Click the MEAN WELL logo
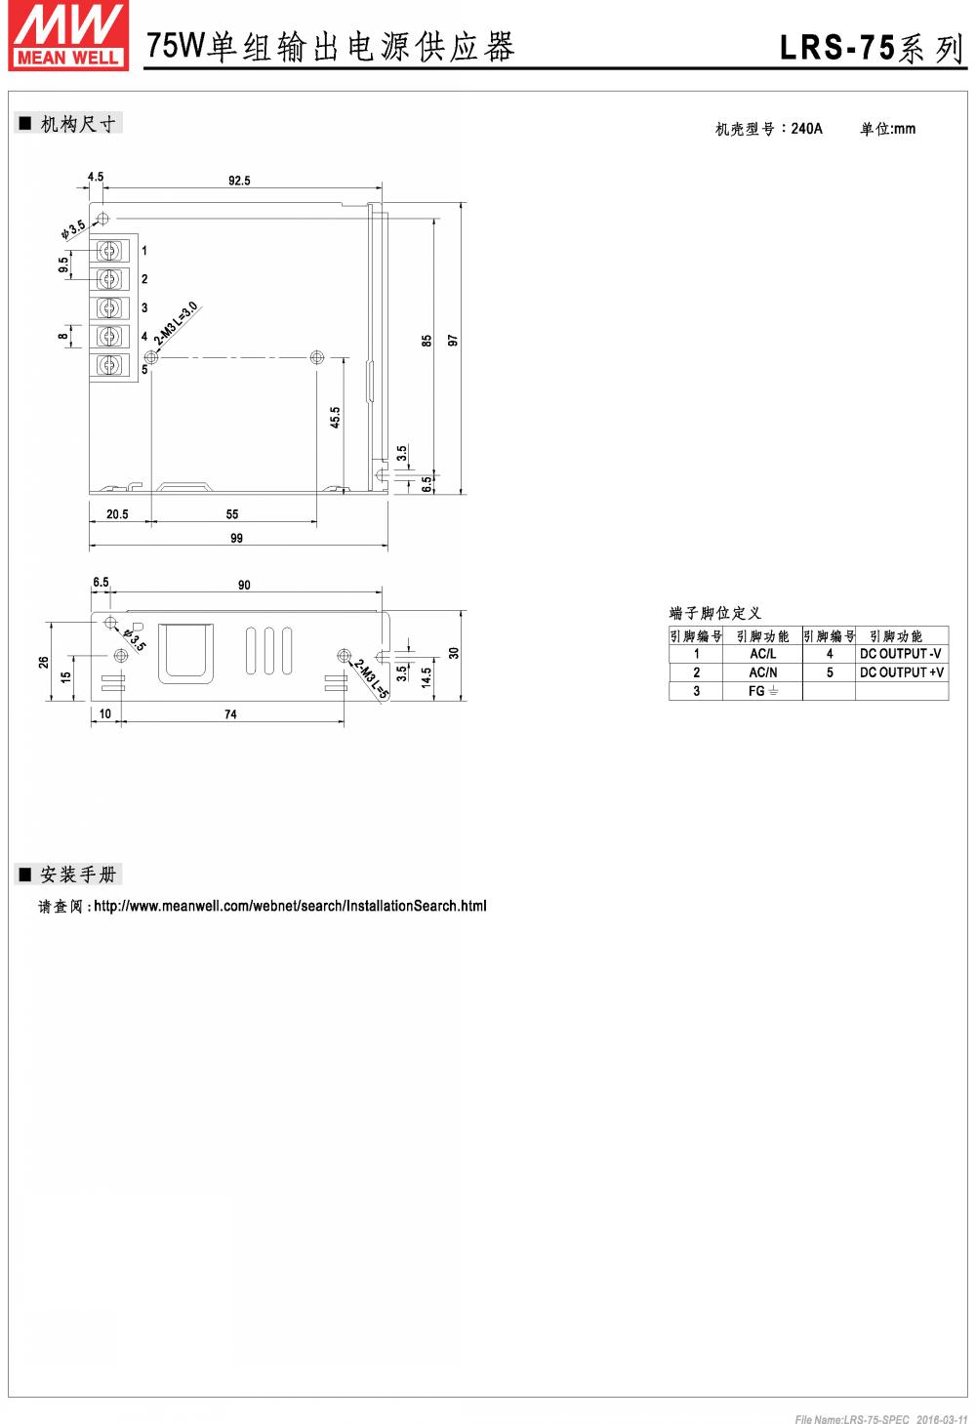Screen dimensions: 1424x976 coord(68,36)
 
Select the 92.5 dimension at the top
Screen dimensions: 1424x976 coord(239,181)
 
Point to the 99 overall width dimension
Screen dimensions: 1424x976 coord(236,538)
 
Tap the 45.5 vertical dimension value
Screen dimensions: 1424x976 coord(335,418)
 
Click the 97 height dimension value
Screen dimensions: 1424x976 coord(453,340)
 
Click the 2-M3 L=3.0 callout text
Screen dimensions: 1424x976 coord(177,323)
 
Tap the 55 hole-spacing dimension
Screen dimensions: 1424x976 coord(232,514)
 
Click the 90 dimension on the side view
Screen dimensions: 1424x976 coord(244,586)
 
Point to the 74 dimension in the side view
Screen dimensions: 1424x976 coord(230,714)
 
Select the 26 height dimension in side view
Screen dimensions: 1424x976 coord(44,662)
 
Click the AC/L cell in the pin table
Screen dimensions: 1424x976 coord(762,654)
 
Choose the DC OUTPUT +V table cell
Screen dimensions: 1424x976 coord(901,672)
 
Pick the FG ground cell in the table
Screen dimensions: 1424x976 coord(762,691)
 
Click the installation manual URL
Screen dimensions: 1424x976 coord(290,906)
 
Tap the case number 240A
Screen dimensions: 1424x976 coord(806,129)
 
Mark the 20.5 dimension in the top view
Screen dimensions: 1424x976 coord(117,514)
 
